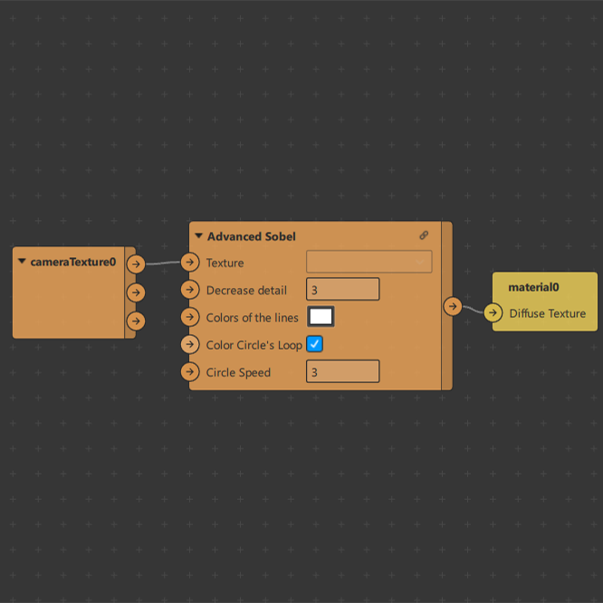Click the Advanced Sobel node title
click(x=251, y=236)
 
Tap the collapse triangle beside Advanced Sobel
click(x=198, y=235)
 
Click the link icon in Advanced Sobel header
click(x=424, y=235)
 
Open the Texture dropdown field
click(x=368, y=262)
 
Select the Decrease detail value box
click(x=342, y=289)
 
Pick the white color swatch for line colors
click(x=321, y=317)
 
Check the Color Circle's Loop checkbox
click(x=314, y=344)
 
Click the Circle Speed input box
click(x=342, y=371)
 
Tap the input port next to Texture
click(x=190, y=263)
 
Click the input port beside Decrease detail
click(x=190, y=290)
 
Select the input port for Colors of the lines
click(x=190, y=317)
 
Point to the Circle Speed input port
click(x=190, y=372)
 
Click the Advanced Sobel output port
click(x=453, y=307)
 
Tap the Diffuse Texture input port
click(x=493, y=312)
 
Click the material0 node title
click(x=533, y=287)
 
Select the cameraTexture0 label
click(x=73, y=262)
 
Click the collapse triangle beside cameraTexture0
click(x=22, y=261)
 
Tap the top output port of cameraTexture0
click(x=136, y=264)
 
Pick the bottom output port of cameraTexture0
click(x=136, y=321)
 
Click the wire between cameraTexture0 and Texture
click(x=163, y=263)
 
